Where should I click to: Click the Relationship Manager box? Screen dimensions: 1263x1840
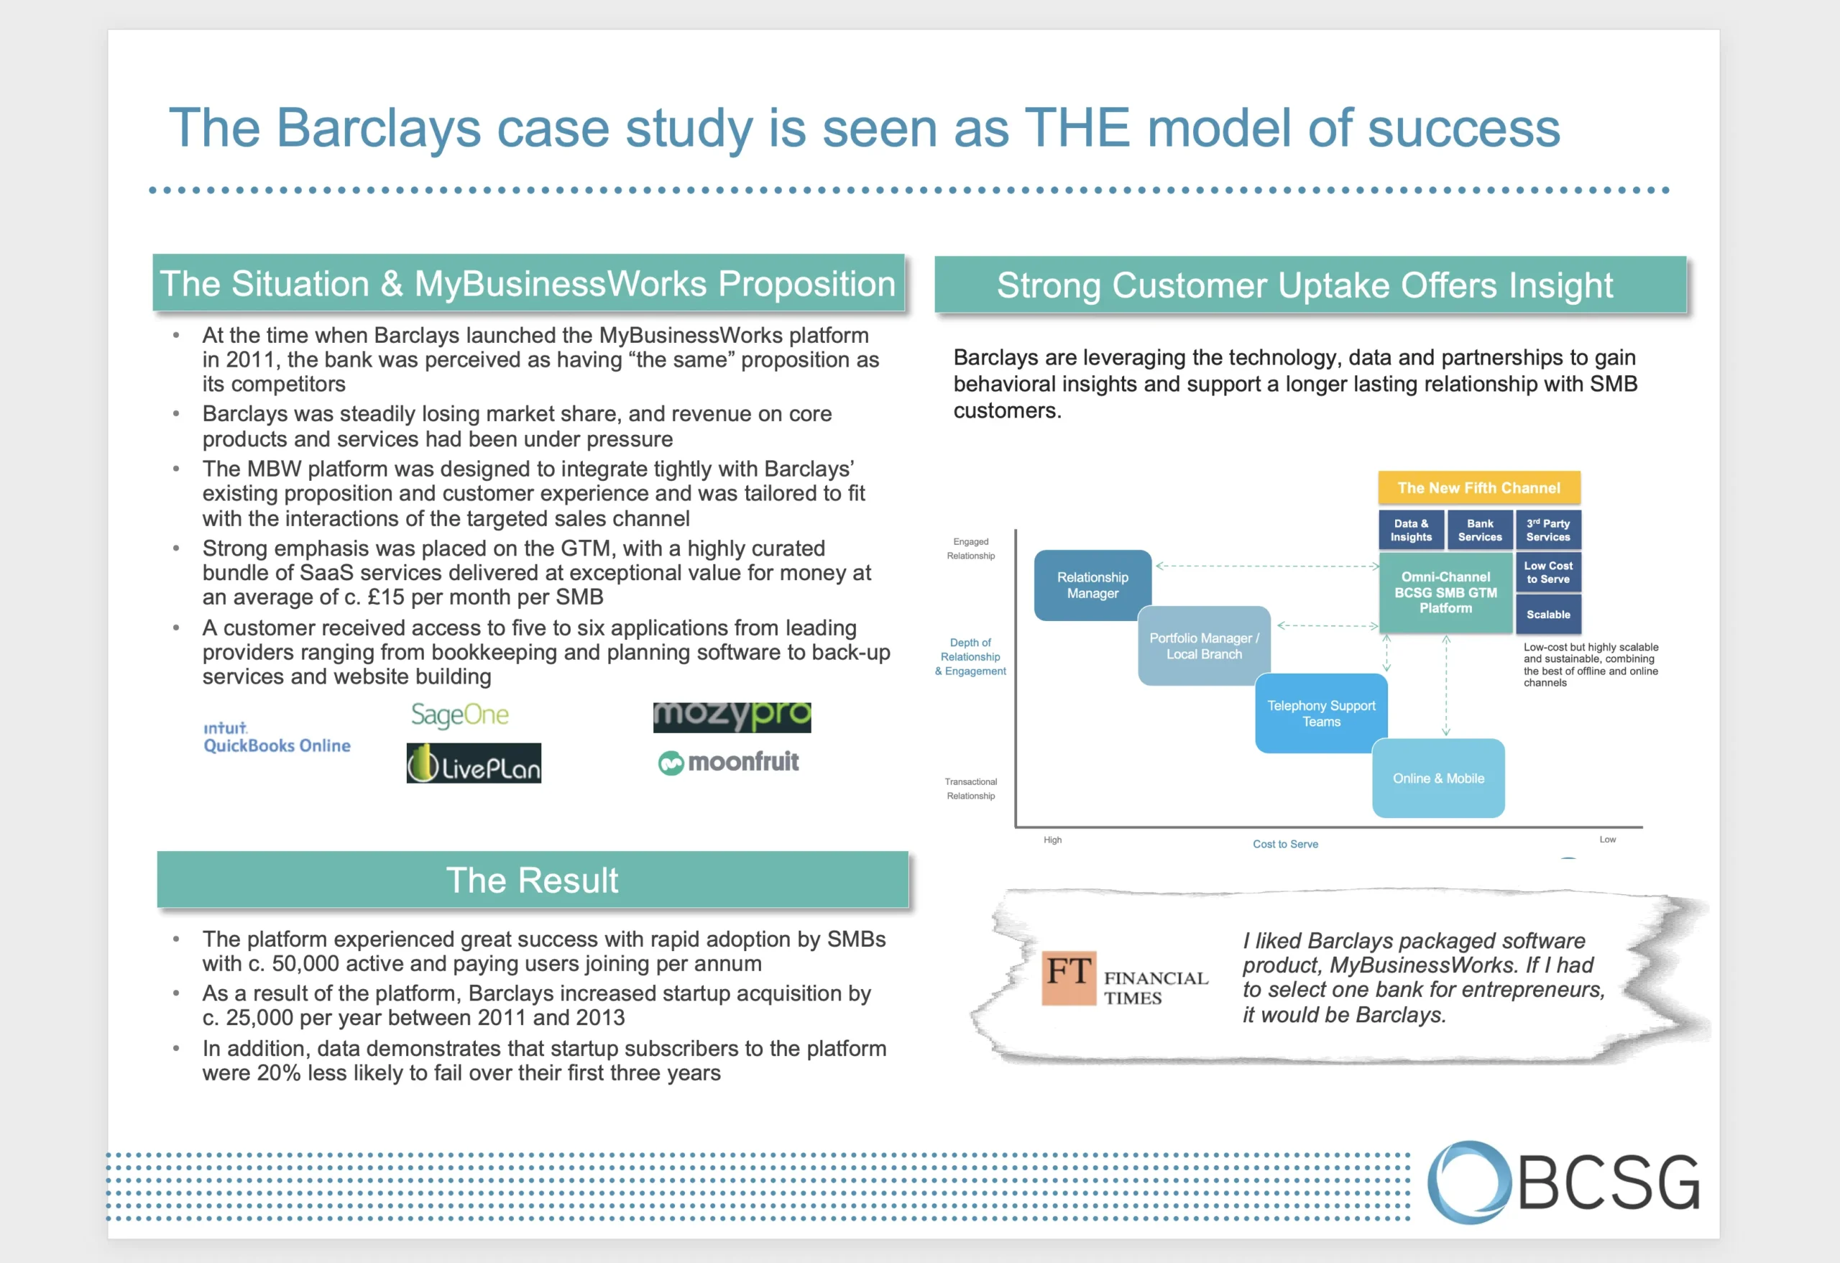click(1092, 585)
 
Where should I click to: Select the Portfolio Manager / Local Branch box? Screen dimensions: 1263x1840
click(1203, 646)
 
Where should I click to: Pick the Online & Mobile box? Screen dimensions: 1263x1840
click(1437, 779)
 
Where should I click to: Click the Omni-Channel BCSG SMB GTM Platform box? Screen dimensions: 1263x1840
click(1445, 592)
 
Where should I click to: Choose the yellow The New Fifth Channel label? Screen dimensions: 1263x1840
click(1478, 488)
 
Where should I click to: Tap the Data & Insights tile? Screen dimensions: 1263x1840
click(1411, 530)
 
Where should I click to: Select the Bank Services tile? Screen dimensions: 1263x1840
click(1479, 530)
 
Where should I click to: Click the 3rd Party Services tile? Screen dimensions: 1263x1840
click(1548, 530)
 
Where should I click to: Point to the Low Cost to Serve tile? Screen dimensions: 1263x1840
click(1548, 572)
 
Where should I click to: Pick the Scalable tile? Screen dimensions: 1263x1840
click(1548, 615)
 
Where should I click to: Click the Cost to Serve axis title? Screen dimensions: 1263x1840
click(1285, 844)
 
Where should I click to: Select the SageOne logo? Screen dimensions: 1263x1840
click(459, 715)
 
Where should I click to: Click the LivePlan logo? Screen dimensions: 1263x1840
click(474, 763)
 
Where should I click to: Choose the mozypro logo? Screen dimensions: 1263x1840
click(732, 717)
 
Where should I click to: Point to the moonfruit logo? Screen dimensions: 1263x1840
click(728, 762)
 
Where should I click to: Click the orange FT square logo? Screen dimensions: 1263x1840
click(1068, 977)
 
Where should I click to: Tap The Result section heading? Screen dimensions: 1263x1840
click(532, 880)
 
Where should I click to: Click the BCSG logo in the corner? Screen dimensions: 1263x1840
click(1564, 1182)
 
